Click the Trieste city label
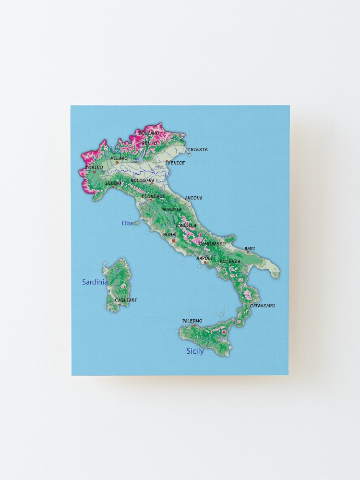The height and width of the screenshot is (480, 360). [198, 150]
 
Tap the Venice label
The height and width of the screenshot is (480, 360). [176, 163]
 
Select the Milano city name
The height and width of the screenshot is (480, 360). [119, 158]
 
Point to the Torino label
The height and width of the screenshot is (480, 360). [94, 168]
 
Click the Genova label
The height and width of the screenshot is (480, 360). [113, 183]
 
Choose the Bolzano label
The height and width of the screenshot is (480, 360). [149, 133]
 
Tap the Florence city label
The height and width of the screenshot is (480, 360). [153, 196]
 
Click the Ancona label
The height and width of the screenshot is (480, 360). [194, 198]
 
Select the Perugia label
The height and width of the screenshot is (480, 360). [171, 210]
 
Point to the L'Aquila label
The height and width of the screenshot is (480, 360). [186, 225]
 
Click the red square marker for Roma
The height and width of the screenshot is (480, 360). [173, 242]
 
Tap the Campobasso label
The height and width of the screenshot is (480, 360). [212, 244]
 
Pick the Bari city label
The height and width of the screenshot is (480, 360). [250, 249]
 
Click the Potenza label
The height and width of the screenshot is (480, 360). [230, 261]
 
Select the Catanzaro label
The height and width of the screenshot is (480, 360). [263, 306]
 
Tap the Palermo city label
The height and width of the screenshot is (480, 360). [192, 321]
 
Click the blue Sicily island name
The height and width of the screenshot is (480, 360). [195, 351]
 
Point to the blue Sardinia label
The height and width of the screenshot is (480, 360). [95, 282]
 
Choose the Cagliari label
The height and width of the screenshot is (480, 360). [126, 300]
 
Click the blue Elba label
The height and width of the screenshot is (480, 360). [127, 223]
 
